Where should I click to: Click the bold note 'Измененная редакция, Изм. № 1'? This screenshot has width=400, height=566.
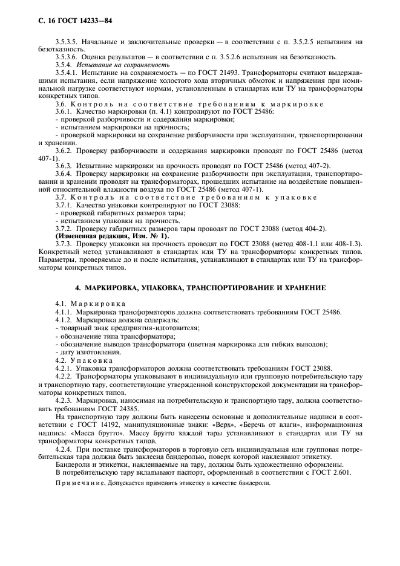pyautogui.click(x=113, y=236)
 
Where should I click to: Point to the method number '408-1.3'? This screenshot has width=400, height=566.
pyautogui.click(x=347, y=244)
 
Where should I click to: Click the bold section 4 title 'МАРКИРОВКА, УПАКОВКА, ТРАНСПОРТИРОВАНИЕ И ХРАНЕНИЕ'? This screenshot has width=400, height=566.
pyautogui.click(x=200, y=287)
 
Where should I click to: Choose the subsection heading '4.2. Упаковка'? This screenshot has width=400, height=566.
pyautogui.click(x=84, y=360)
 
